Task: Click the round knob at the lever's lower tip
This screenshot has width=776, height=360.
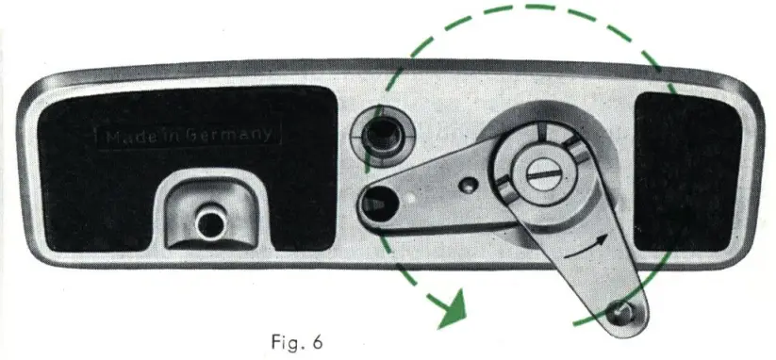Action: (619, 310)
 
